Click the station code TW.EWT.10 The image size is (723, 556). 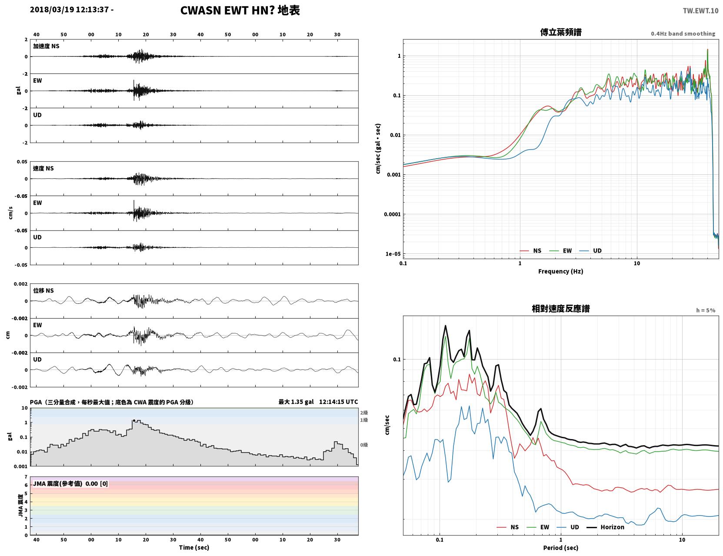[700, 10]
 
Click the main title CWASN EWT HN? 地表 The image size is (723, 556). [240, 10]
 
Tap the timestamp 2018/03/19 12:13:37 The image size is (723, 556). [69, 9]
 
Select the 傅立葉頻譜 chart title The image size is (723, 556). [561, 32]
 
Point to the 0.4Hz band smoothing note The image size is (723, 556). [683, 33]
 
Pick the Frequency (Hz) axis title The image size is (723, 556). [561, 271]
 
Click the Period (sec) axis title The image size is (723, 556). [561, 548]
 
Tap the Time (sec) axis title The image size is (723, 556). [194, 547]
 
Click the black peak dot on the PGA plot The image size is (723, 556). [134, 421]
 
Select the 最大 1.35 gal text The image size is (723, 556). [296, 402]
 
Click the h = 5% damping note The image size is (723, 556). [705, 310]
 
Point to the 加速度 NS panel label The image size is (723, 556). [46, 46]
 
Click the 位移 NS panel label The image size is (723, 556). [43, 291]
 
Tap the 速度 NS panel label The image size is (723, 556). [43, 168]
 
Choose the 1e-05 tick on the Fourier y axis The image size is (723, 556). [393, 254]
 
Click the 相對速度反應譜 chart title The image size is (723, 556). [561, 309]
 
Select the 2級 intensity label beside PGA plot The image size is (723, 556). [364, 413]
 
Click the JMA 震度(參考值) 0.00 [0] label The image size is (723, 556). [70, 483]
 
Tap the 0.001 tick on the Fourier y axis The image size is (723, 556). [393, 175]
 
